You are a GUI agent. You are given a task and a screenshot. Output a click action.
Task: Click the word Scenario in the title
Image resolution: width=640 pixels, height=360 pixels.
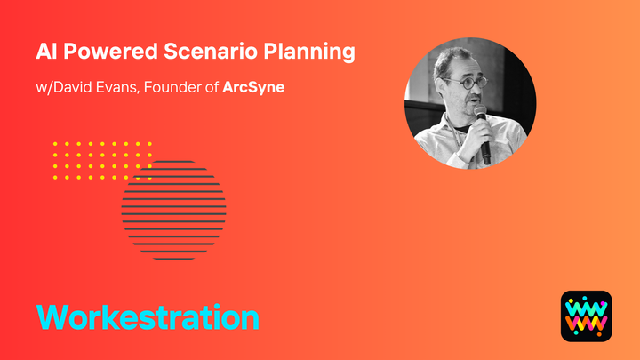[228, 51]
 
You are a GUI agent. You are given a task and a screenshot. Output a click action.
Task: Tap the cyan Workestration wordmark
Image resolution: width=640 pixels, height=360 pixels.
[148, 317]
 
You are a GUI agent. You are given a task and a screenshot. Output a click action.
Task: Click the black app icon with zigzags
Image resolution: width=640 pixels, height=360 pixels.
[586, 316]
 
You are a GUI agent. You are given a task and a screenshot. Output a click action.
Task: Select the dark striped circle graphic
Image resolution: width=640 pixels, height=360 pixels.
[174, 211]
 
